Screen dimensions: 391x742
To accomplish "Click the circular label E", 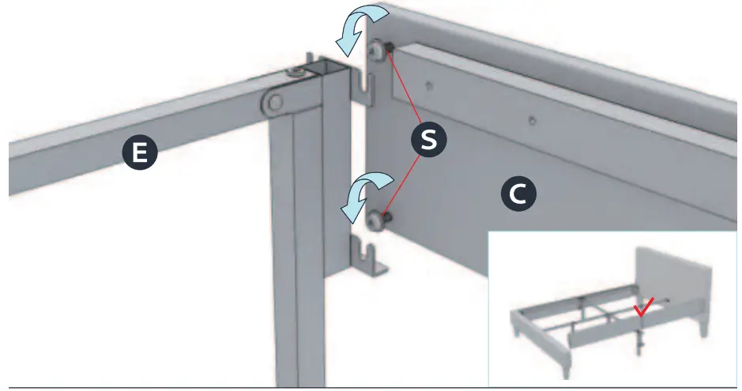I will [139, 153].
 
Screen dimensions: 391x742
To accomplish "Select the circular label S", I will [429, 139].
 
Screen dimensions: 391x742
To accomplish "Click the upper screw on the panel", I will [378, 51].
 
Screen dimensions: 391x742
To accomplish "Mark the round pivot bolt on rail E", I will [273, 101].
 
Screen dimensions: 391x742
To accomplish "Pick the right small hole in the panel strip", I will [533, 121].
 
